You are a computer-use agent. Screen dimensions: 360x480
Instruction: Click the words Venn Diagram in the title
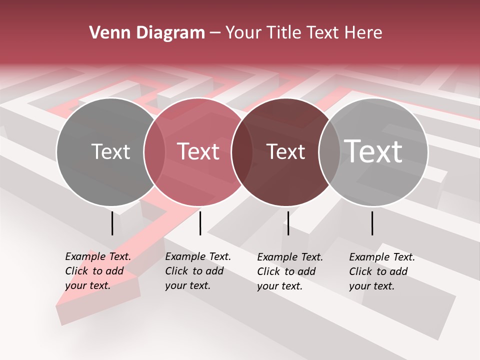(147, 33)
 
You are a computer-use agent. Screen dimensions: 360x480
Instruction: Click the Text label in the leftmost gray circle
(110, 152)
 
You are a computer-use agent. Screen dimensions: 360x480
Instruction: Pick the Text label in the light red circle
(198, 152)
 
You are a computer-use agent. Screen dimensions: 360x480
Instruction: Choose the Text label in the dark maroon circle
(285, 152)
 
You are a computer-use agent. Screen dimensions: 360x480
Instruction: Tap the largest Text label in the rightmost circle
(373, 151)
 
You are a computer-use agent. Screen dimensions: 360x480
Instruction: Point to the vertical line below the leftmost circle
(112, 223)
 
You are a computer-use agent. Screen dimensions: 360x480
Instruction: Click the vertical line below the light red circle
(200, 223)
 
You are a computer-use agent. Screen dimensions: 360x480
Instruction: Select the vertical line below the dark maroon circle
(288, 223)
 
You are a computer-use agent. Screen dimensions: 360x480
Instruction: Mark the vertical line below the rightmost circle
(372, 223)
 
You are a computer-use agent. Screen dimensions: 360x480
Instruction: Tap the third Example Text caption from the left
(289, 271)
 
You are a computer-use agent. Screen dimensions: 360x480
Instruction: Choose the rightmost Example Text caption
(381, 271)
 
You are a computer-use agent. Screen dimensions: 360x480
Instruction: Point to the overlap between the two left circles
(154, 152)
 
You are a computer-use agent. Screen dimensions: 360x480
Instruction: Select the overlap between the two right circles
(329, 152)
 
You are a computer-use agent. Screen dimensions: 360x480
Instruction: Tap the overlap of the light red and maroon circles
(241, 152)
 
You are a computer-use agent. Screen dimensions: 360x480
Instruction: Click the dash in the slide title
(215, 33)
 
